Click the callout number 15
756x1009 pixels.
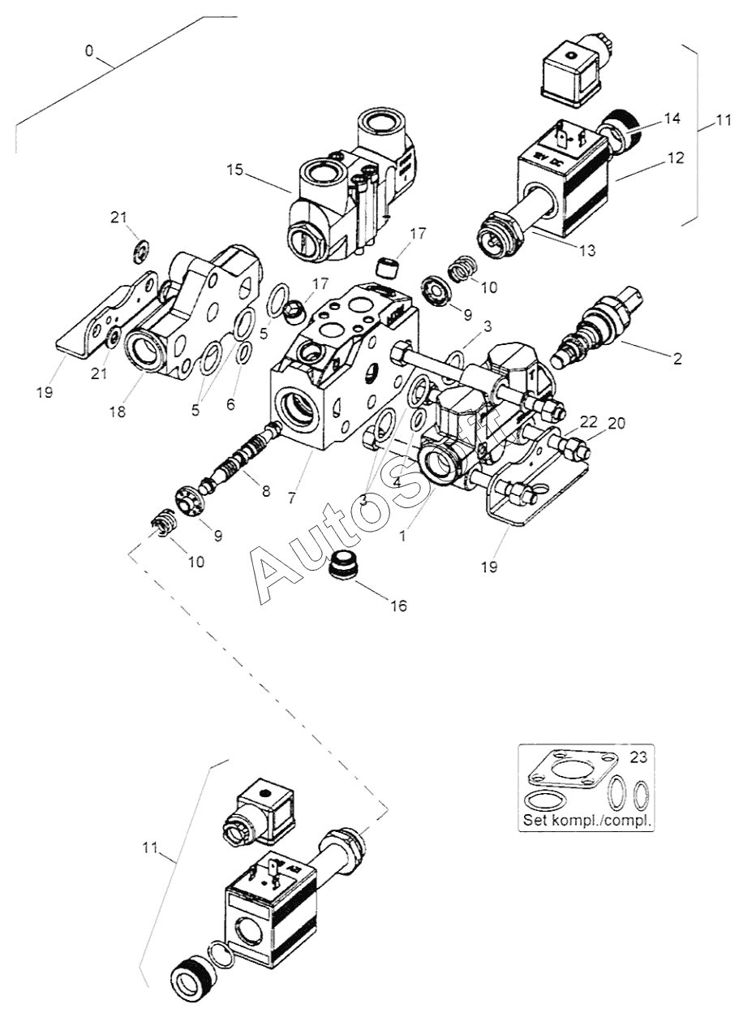[234, 170]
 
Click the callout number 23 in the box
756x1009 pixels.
[639, 757]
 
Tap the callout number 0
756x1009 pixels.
[89, 51]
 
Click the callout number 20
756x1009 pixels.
[617, 422]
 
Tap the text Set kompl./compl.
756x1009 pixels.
[587, 820]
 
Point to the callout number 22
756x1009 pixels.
[588, 421]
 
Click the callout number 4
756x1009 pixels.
[397, 481]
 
